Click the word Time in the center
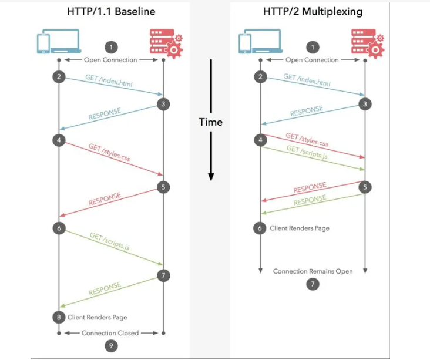(x=210, y=122)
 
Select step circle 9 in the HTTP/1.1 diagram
(x=111, y=346)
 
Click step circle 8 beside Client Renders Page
(x=59, y=317)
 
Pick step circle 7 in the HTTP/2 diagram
(x=313, y=285)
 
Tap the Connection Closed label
(x=110, y=333)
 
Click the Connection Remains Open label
(x=313, y=272)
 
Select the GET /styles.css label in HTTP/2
(x=307, y=140)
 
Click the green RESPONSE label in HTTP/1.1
(x=105, y=290)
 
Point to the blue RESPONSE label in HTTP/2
(x=307, y=112)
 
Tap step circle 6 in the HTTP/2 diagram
(x=260, y=228)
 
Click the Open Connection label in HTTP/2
(x=312, y=60)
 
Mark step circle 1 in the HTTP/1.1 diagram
(x=111, y=46)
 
